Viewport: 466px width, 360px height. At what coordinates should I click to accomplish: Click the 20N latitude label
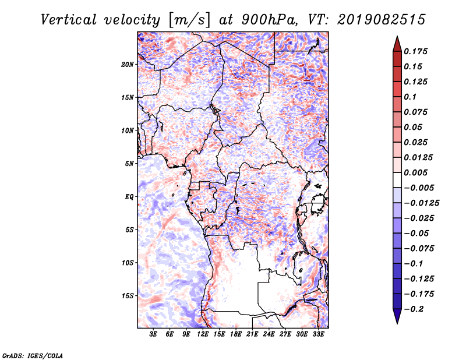pyautogui.click(x=128, y=65)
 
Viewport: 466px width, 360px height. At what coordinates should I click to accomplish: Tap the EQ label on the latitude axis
pyautogui.click(x=129, y=197)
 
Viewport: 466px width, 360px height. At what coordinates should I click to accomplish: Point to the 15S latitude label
pyautogui.click(x=128, y=296)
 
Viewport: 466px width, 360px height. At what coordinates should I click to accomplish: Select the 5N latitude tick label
pyautogui.click(x=129, y=164)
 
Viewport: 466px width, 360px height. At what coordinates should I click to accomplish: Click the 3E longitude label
pyautogui.click(x=153, y=334)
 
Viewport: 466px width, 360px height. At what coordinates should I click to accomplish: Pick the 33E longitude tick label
pyautogui.click(x=318, y=334)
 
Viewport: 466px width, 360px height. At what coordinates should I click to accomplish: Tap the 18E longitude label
pyautogui.click(x=236, y=334)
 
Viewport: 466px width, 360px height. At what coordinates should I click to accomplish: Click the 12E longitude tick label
pyautogui.click(x=203, y=334)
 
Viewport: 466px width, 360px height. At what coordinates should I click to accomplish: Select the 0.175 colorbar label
pyautogui.click(x=415, y=51)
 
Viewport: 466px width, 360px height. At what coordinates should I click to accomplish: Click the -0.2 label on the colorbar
pyautogui.click(x=414, y=309)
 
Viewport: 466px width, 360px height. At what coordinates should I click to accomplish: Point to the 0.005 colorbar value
pyautogui.click(x=415, y=172)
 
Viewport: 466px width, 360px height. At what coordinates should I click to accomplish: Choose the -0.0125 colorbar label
pyautogui.click(x=421, y=203)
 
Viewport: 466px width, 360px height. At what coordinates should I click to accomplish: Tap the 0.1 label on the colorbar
pyautogui.click(x=410, y=97)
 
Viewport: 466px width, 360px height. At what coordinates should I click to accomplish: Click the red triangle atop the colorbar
pyautogui.click(x=397, y=44)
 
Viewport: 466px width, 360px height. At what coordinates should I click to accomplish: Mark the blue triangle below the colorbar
pyautogui.click(x=397, y=316)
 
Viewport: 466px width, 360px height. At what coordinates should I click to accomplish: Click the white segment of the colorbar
pyautogui.click(x=397, y=180)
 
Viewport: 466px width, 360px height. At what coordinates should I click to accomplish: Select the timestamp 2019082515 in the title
pyautogui.click(x=382, y=20)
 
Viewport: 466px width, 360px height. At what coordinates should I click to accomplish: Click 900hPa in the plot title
pyautogui.click(x=269, y=20)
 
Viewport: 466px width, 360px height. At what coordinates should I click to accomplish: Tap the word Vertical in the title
pyautogui.click(x=68, y=20)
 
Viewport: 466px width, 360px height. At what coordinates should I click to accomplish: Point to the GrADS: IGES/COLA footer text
pyautogui.click(x=33, y=355)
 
